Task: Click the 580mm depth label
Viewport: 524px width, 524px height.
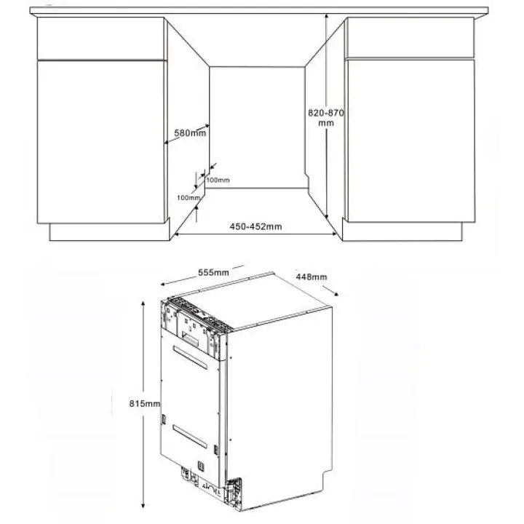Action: click(190, 133)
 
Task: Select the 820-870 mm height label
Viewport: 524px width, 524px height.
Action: click(326, 118)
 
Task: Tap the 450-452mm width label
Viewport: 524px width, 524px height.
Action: click(255, 226)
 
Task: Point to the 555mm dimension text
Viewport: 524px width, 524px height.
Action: click(213, 272)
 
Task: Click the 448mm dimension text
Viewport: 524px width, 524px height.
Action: click(311, 277)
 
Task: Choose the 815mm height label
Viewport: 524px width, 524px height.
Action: click(145, 404)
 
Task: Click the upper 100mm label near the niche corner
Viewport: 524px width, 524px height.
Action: click(218, 180)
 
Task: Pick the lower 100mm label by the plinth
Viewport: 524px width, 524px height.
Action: click(188, 198)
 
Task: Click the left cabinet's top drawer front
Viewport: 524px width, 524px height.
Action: click(100, 39)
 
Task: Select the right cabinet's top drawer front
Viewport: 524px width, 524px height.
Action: click(410, 38)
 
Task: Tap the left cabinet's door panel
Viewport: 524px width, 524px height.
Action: click(100, 142)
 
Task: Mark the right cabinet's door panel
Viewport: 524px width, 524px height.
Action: click(411, 140)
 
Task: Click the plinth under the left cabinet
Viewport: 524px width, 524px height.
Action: click(109, 232)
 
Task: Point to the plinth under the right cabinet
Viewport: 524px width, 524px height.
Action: click(402, 231)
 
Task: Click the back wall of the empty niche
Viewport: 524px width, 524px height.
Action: click(257, 127)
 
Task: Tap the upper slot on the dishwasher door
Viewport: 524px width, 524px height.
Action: click(190, 357)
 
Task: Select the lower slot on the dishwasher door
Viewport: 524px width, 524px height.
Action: click(189, 437)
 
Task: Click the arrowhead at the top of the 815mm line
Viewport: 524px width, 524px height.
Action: click(143, 303)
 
